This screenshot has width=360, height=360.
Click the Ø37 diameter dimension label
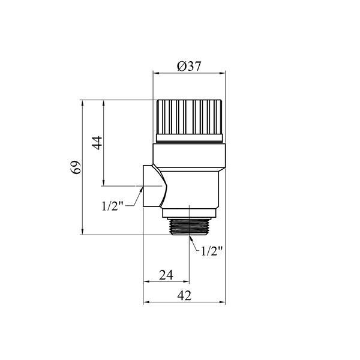[189, 66]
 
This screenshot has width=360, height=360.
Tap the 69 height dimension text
[76, 167]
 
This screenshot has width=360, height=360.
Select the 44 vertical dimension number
[97, 143]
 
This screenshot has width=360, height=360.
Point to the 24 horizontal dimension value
[166, 275]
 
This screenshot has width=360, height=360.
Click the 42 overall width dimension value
[184, 295]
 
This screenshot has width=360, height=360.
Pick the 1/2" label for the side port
[113, 206]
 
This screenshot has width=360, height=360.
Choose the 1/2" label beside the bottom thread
[212, 251]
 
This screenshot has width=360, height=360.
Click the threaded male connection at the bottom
[189, 227]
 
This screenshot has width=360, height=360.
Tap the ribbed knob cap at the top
[189, 117]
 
